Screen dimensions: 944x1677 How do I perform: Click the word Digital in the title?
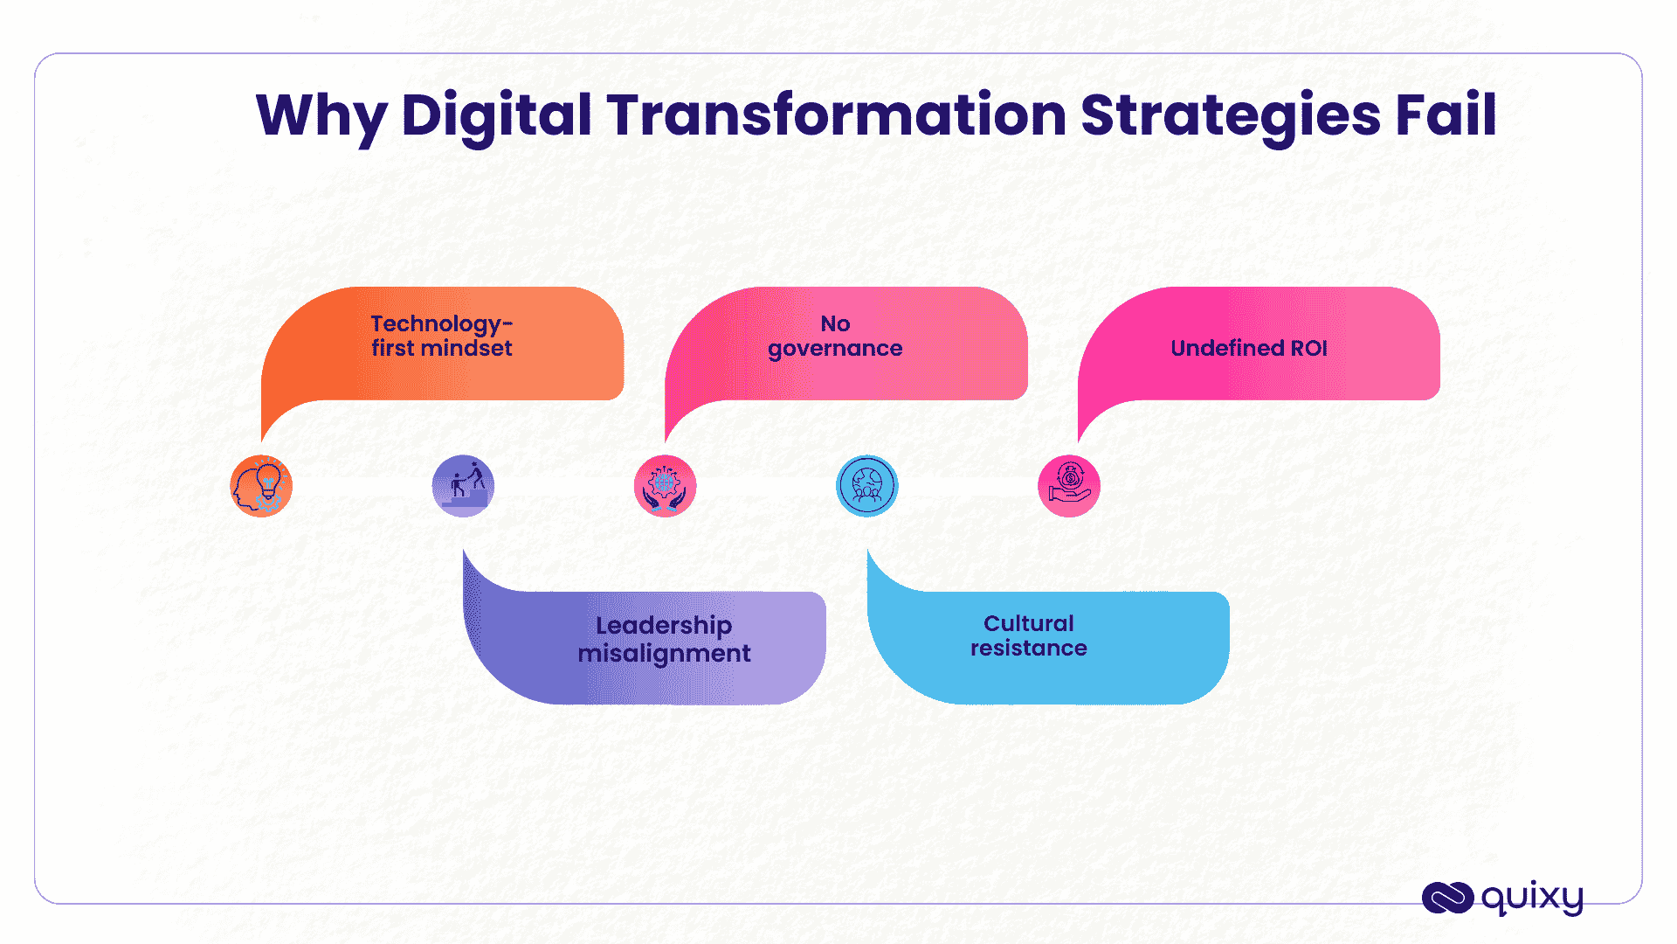coord(496,115)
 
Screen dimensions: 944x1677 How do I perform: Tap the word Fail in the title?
coord(1446,115)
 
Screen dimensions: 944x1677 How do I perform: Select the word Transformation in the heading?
coord(836,115)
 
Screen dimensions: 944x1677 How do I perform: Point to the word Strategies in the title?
coord(1230,115)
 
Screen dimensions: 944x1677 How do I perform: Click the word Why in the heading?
coord(321,117)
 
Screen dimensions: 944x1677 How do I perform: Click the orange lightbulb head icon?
coord(261,486)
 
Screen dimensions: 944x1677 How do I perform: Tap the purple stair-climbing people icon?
coord(463,486)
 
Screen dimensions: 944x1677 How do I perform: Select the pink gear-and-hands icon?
coord(665,486)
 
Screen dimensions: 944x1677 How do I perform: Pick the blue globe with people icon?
coord(866,486)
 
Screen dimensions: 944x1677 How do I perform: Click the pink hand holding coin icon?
coord(1068,486)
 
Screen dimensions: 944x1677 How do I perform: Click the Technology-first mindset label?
coord(442,337)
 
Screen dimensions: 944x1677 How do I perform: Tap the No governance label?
coord(835,337)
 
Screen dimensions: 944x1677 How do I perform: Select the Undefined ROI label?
coord(1248,348)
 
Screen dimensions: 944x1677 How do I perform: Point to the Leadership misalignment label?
coord(664,639)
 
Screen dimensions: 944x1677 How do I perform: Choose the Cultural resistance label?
coord(1029,635)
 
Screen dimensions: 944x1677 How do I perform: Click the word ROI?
coord(1308,348)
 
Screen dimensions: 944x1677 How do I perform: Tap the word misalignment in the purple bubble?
coord(664,654)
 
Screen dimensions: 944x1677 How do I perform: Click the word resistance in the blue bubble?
coord(1029,649)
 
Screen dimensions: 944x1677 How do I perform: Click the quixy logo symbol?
coord(1447,898)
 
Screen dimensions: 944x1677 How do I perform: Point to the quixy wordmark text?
coord(1532,898)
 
